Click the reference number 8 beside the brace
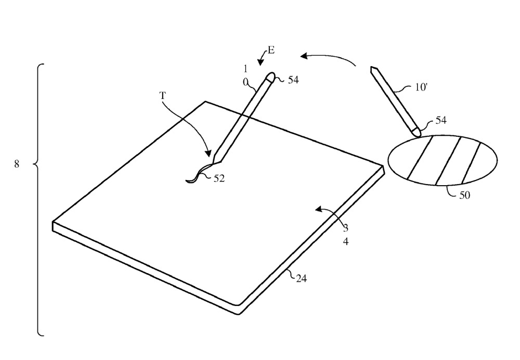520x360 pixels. [x=17, y=163]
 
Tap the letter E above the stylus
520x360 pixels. [x=271, y=50]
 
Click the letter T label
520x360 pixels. [x=162, y=96]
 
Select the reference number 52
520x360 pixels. [x=219, y=178]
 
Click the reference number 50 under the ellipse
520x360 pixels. [x=464, y=195]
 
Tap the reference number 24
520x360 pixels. [x=301, y=279]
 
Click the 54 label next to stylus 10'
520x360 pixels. [x=440, y=120]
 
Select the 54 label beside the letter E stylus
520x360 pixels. [x=293, y=80]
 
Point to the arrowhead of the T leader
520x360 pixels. [x=208, y=153]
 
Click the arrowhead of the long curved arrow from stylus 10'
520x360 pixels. [x=304, y=56]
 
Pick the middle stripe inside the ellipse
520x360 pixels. [x=448, y=160]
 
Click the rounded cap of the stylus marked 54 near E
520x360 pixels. [x=270, y=76]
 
